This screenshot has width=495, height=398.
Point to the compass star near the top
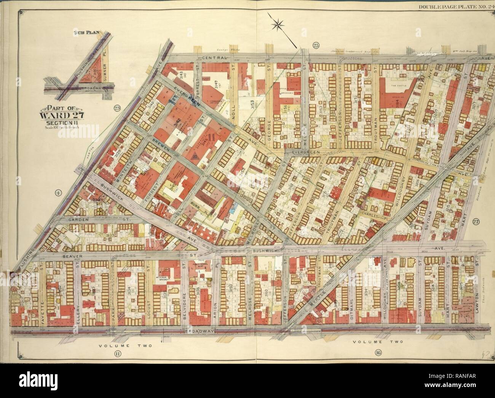click(x=278, y=25)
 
